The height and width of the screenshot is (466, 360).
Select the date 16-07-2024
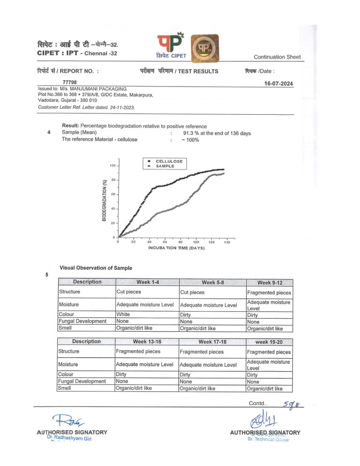click(x=279, y=84)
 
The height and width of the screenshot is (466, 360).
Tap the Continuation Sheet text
click(x=277, y=57)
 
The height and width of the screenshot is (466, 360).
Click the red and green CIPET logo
click(x=170, y=45)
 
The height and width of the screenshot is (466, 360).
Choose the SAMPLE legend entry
click(x=165, y=166)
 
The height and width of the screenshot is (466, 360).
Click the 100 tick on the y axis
click(x=112, y=166)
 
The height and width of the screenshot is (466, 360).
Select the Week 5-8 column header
click(x=213, y=282)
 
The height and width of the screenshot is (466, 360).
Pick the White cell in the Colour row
click(x=123, y=314)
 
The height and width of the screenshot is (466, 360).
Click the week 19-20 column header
click(x=269, y=342)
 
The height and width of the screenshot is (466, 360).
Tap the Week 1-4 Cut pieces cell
click(x=129, y=292)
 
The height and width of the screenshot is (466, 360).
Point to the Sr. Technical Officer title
click(x=268, y=439)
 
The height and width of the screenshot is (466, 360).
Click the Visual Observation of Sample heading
click(x=96, y=268)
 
